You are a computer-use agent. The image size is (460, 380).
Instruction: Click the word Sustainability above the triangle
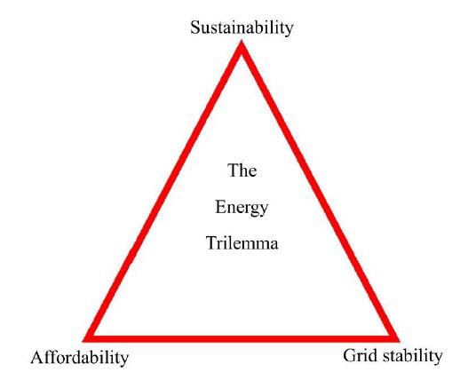click(x=242, y=28)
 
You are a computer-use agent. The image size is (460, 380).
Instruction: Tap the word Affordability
click(x=80, y=358)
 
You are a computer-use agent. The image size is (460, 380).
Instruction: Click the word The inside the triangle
click(x=242, y=170)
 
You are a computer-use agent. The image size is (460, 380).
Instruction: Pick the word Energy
click(x=242, y=208)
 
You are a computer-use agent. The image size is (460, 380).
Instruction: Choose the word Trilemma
click(x=242, y=242)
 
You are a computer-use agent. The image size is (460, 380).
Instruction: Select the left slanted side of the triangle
click(x=163, y=192)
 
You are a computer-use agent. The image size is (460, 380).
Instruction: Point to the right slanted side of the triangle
click(x=321, y=192)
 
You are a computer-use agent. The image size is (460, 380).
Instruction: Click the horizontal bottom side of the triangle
click(x=242, y=339)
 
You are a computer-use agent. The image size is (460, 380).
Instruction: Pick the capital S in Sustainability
click(x=194, y=28)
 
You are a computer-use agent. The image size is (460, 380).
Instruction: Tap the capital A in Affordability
click(x=36, y=357)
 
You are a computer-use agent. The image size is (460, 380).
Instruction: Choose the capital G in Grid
click(x=350, y=355)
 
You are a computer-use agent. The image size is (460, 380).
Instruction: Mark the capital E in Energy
click(x=220, y=207)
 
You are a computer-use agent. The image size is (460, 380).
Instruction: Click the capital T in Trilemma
click(x=211, y=242)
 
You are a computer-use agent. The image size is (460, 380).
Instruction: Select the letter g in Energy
click(x=253, y=210)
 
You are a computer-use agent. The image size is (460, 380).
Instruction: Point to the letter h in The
click(x=242, y=170)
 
